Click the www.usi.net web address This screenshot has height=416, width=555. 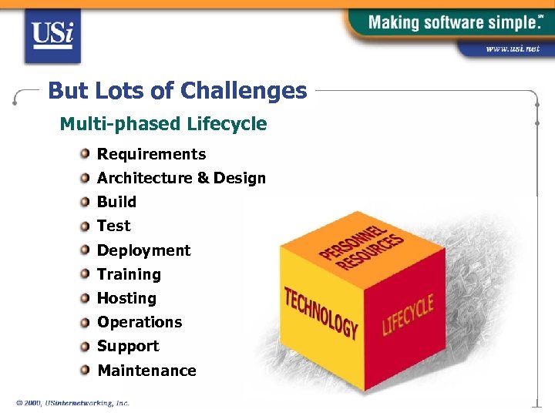coord(513,49)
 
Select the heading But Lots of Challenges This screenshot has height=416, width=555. coord(177,91)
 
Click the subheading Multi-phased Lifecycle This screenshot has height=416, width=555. coord(163,123)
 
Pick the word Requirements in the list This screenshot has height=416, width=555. coord(151,154)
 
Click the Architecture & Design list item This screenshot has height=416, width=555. coord(181,178)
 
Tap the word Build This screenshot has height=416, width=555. coord(116,202)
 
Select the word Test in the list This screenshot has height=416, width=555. coord(113,226)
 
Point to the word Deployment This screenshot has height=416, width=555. coord(143,250)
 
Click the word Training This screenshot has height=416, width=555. coord(129,274)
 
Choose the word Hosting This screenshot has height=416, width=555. coord(126,298)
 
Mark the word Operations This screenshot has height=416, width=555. coord(140,322)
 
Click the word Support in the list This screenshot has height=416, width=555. coord(128,346)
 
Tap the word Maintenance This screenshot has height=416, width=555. coord(146,371)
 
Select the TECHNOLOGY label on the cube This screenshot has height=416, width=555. coord(321,313)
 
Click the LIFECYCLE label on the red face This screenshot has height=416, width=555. coord(408,313)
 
